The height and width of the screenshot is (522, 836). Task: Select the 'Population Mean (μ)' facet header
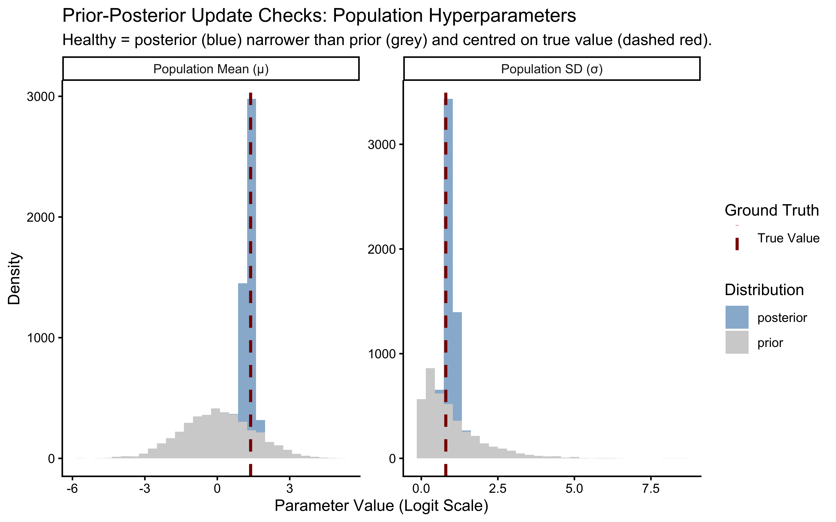click(211, 69)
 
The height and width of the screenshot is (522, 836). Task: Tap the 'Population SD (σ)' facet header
click(552, 69)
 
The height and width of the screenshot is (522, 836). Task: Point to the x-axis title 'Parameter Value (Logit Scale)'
click(381, 506)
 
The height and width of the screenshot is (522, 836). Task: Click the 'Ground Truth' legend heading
click(771, 210)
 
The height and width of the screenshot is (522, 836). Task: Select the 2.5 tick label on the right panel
click(497, 489)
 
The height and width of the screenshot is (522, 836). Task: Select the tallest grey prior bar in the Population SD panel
click(430, 414)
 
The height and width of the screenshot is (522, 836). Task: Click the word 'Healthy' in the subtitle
click(89, 40)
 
